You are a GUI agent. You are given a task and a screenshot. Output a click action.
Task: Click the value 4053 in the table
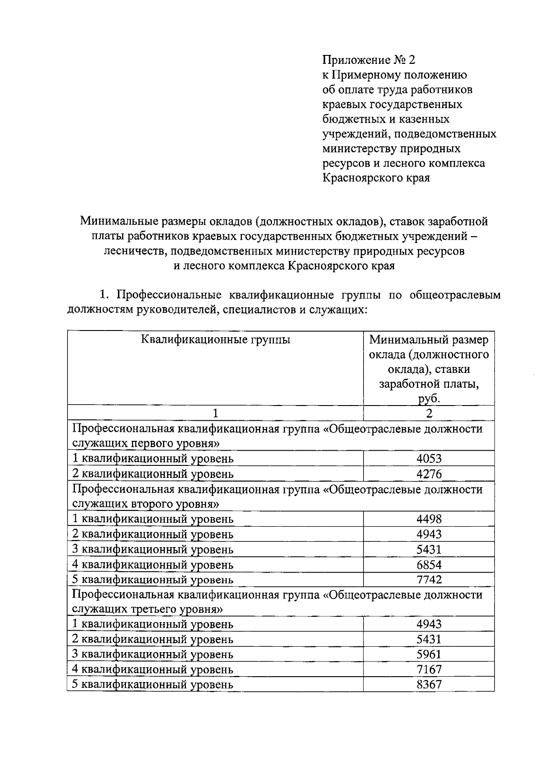pyautogui.click(x=429, y=459)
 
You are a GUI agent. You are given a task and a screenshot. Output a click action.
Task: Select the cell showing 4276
pyautogui.click(x=429, y=474)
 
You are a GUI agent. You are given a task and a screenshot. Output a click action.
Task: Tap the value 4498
pyautogui.click(x=429, y=519)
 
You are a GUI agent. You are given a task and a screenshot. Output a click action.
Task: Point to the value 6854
pyautogui.click(x=429, y=565)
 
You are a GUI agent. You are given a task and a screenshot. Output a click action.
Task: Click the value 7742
pyautogui.click(x=429, y=580)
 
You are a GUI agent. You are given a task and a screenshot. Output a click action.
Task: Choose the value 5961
pyautogui.click(x=429, y=654)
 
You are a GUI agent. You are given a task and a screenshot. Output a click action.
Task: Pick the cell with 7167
pyautogui.click(x=429, y=670)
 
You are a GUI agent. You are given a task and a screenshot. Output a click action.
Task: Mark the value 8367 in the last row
pyautogui.click(x=429, y=684)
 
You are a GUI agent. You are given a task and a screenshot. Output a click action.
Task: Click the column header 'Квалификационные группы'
pyautogui.click(x=215, y=340)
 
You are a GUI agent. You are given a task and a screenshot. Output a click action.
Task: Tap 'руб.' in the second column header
pyautogui.click(x=429, y=399)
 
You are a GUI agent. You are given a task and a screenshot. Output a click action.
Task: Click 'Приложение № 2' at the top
pyautogui.click(x=368, y=60)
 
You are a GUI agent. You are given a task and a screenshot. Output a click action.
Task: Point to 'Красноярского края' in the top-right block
pyautogui.click(x=376, y=178)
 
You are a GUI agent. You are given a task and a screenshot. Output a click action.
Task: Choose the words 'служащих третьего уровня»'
pyautogui.click(x=147, y=610)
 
